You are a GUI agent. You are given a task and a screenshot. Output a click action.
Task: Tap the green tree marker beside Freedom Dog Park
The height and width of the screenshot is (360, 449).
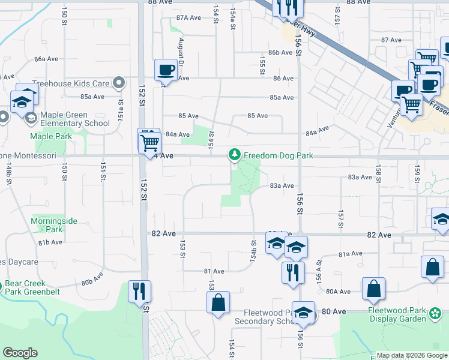point(235,155)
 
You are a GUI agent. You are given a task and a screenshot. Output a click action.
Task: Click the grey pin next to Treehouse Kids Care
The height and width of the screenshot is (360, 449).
point(119,83)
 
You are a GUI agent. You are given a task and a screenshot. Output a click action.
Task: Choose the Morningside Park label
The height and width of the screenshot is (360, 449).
point(54,225)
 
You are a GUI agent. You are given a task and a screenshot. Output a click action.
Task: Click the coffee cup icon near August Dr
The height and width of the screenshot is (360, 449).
point(166,70)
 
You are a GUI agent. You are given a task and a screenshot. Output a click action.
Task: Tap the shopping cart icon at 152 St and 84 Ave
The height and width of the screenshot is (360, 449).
point(149,143)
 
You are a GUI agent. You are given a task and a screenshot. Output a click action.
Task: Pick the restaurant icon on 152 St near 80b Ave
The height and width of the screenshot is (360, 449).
point(140,291)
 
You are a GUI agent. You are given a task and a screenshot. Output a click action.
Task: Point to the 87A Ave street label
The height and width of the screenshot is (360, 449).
point(188,17)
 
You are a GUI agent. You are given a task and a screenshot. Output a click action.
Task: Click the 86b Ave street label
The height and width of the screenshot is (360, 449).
point(280,53)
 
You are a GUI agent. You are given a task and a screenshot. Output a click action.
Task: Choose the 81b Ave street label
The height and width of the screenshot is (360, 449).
point(50,242)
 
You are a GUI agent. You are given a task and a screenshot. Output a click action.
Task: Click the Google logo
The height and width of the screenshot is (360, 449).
point(20,353)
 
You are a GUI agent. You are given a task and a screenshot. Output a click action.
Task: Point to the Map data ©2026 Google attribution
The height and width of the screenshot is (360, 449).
point(412,355)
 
